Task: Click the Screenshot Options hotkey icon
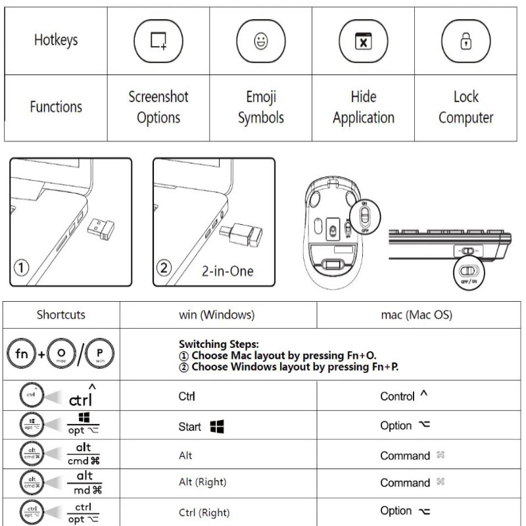pos(158,41)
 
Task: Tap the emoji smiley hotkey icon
pos(260,41)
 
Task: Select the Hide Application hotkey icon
pos(362,41)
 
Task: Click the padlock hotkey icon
pos(465,41)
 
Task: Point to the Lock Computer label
pos(466,107)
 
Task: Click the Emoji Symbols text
pos(260,107)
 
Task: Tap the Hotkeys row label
pos(56,39)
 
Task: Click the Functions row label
pos(56,107)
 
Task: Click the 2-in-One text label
pos(227,270)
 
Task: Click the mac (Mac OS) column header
pos(416,314)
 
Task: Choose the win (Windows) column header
pos(216,314)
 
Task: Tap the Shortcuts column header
pos(60,314)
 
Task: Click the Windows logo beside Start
pos(216,427)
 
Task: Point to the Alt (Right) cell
pos(202,482)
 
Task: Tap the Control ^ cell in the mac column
pos(404,396)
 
